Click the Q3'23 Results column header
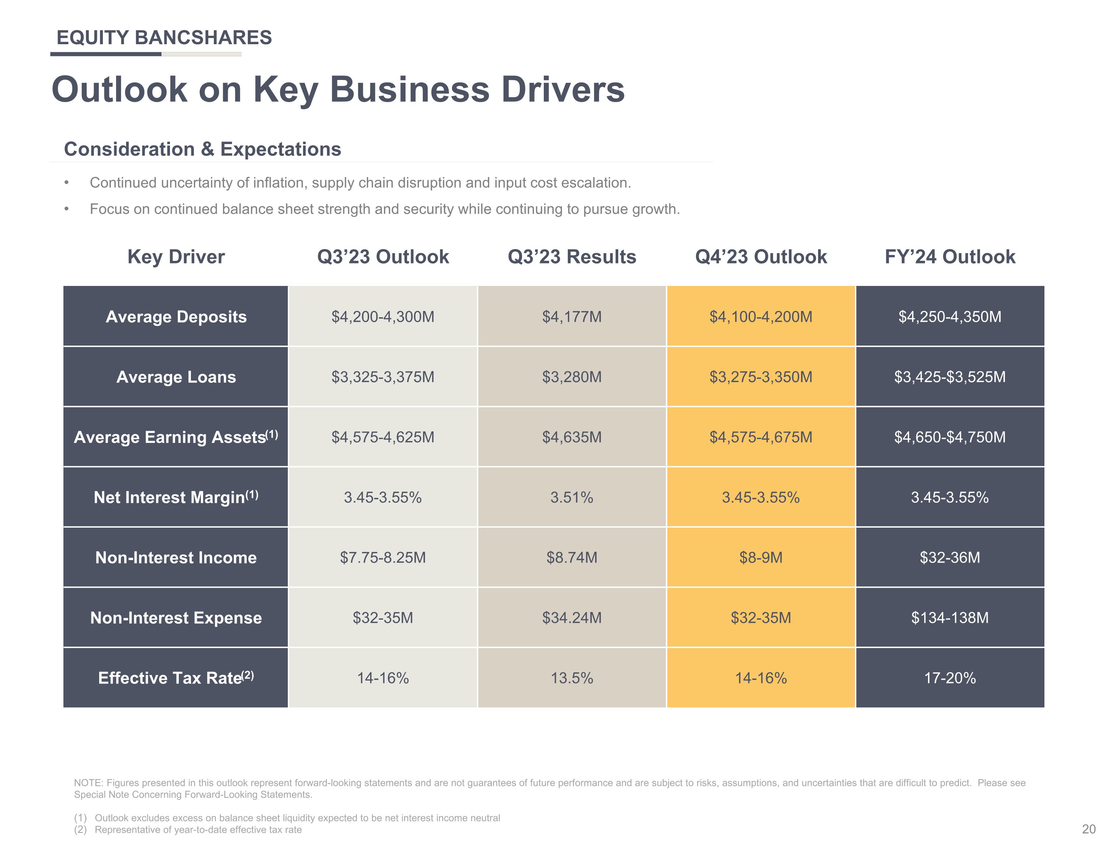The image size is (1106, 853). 572,257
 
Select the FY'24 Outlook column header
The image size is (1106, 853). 950,257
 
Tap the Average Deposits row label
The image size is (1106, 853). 176,317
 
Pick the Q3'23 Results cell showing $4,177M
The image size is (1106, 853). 572,317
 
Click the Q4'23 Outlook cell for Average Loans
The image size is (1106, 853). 761,377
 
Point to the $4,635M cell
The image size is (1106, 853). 572,437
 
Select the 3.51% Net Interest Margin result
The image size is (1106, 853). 572,497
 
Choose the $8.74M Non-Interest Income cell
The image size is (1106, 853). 572,557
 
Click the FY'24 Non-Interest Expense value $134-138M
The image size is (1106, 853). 950,618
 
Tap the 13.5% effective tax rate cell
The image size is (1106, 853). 572,678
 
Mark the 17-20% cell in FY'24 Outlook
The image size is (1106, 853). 950,678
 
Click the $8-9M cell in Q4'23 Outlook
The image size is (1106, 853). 761,557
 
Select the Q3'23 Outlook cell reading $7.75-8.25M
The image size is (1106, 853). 383,557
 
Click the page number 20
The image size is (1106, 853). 1089,829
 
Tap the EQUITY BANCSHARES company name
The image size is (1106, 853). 164,38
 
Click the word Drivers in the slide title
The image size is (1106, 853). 563,90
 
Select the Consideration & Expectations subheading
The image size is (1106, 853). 202,149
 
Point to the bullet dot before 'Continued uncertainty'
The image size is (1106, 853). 66,183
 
